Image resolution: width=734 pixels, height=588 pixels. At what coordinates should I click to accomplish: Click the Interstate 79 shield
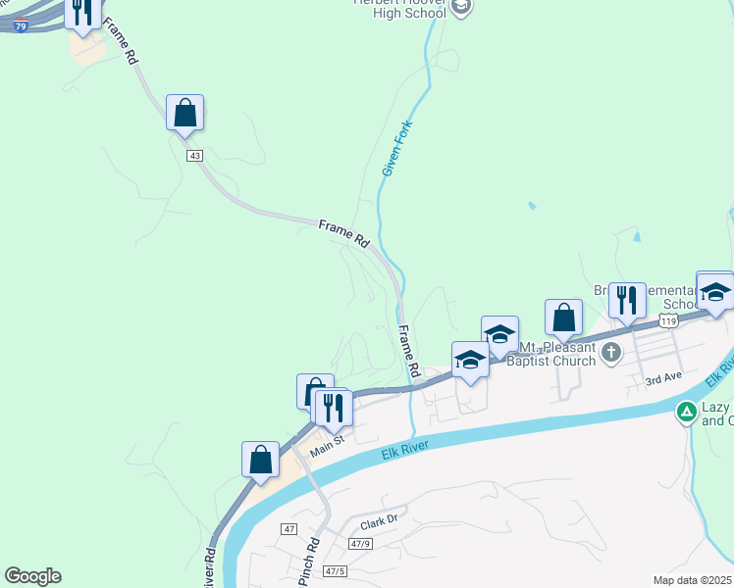(22, 26)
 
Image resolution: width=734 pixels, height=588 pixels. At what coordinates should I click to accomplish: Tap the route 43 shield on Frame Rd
(194, 156)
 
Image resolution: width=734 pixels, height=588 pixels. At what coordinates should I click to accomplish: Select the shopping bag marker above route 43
(184, 114)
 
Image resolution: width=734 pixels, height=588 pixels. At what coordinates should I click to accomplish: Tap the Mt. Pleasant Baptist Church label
(556, 354)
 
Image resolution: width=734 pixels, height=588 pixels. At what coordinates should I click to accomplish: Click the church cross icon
(611, 352)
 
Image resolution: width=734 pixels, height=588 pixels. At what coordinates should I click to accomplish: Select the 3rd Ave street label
(663, 378)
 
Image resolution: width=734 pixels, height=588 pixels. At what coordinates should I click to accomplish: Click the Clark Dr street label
(378, 523)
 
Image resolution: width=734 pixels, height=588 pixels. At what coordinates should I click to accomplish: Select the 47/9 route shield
(360, 544)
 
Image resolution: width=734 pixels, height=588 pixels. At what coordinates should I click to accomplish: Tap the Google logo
(32, 576)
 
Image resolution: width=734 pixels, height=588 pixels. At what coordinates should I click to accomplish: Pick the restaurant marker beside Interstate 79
(82, 12)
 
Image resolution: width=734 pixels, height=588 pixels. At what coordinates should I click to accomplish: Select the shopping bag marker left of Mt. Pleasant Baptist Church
(563, 318)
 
